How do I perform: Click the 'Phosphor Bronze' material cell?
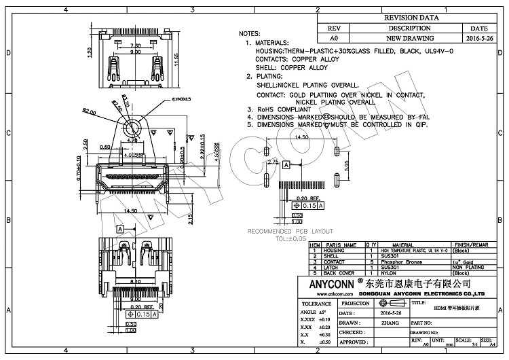[x=401, y=262]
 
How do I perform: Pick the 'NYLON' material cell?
[x=390, y=272]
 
